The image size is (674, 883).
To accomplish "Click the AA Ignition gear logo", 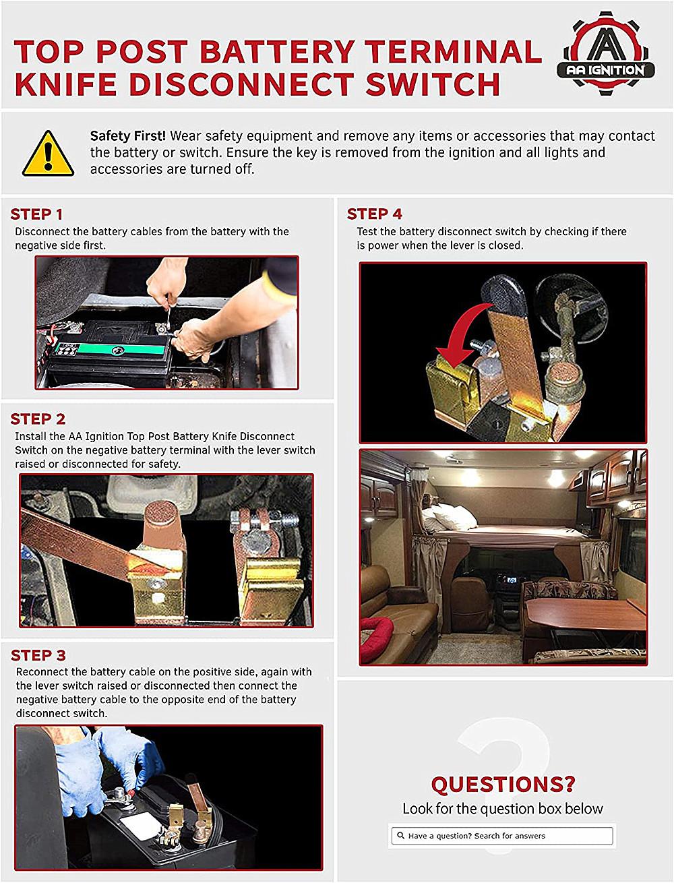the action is tap(606, 53).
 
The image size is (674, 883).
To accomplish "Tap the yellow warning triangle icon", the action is tap(48, 154).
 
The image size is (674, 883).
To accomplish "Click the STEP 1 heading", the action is tap(36, 214).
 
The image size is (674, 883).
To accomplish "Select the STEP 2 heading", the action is tap(38, 419).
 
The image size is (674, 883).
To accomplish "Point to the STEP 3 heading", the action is tap(38, 655).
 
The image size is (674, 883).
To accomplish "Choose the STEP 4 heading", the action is tap(374, 214).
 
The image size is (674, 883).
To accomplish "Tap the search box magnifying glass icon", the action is tap(400, 836).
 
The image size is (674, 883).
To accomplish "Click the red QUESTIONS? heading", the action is tap(503, 784).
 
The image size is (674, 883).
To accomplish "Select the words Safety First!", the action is tap(128, 136).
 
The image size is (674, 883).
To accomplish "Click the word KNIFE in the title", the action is tap(65, 84).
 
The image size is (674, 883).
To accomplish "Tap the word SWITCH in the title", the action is tap(433, 84).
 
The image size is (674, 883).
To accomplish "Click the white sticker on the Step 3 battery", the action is tap(141, 825).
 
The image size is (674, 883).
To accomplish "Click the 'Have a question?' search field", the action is tap(502, 836).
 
